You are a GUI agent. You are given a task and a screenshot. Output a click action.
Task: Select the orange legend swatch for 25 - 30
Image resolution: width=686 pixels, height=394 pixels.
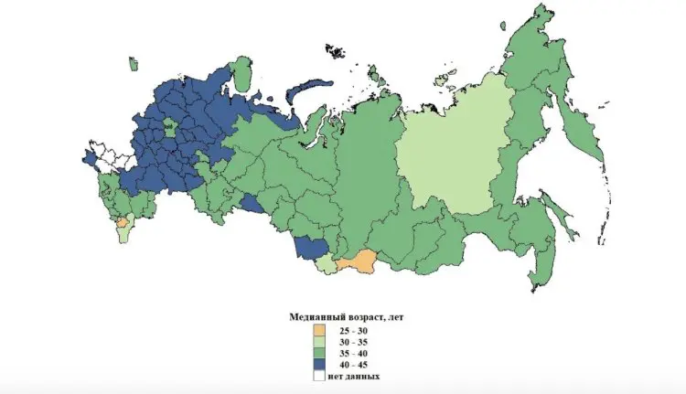tap(319, 330)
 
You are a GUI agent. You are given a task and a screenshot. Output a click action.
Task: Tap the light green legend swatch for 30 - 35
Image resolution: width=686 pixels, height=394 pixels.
tap(319, 342)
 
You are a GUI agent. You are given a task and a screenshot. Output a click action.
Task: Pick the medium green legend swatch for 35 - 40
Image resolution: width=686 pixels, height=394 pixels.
tap(319, 354)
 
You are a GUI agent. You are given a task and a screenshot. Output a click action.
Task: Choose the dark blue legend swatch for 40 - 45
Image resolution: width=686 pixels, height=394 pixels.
tap(319, 365)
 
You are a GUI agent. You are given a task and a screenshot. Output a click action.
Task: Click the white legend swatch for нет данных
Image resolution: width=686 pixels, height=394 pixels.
tap(319, 376)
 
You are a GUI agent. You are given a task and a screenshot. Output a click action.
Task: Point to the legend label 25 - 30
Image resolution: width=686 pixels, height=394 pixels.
tap(352, 330)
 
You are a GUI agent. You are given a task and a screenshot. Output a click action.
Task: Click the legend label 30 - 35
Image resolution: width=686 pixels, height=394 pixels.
tap(352, 342)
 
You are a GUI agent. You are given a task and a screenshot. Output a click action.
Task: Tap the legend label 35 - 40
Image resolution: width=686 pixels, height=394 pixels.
tap(352, 354)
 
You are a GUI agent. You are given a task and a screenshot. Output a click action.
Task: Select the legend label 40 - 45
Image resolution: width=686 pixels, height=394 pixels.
tap(352, 365)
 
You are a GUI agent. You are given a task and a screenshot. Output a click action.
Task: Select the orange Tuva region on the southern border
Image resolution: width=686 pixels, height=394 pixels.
tap(357, 262)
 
